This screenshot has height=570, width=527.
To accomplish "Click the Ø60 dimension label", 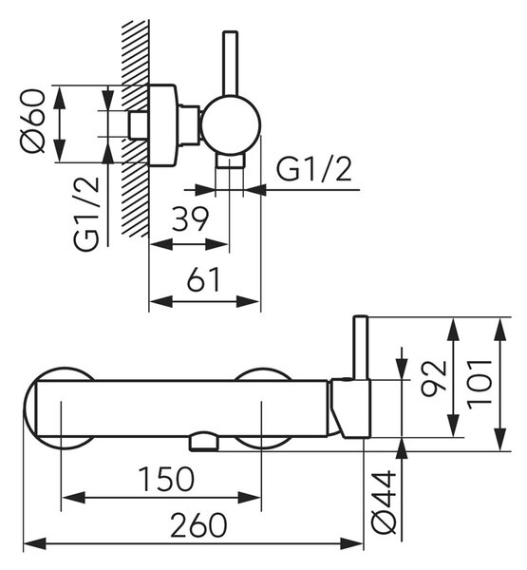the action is coord(33,121).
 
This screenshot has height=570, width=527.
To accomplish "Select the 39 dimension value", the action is coord(190,219).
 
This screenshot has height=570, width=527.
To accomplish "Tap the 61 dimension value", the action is coord(203,279).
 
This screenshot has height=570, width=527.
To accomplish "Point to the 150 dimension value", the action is coord(167,479).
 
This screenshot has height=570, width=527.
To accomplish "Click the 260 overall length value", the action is coord(198,525).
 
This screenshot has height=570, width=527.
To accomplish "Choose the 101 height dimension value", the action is coord(480,384).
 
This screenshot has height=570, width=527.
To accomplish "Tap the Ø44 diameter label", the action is coord(385,503).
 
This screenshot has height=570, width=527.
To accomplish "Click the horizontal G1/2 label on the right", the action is coord(314,170).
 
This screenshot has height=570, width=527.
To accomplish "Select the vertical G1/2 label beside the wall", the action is coord(86,214).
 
